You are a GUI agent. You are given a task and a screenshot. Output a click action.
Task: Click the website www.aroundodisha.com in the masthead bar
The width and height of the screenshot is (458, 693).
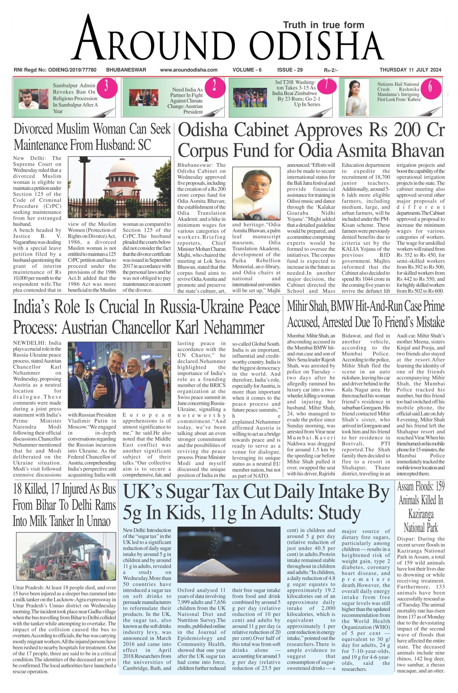(189, 70)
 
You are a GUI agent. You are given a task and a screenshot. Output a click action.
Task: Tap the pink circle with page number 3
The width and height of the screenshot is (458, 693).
(106, 87)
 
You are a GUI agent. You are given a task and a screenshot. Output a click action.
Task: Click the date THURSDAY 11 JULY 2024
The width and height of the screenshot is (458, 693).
(410, 70)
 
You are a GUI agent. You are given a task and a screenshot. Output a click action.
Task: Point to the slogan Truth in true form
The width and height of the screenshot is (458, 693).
(324, 25)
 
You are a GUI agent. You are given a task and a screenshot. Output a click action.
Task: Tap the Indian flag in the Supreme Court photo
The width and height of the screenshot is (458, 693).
(119, 192)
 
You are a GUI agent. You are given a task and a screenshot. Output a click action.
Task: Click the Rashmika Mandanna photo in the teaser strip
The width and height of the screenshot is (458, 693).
(356, 98)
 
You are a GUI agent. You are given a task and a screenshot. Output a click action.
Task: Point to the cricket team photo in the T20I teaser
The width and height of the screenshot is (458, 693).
(250, 98)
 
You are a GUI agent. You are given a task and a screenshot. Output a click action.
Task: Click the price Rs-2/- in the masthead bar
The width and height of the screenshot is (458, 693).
(330, 70)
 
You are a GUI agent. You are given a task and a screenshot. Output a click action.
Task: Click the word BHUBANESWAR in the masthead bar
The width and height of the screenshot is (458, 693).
(126, 70)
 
